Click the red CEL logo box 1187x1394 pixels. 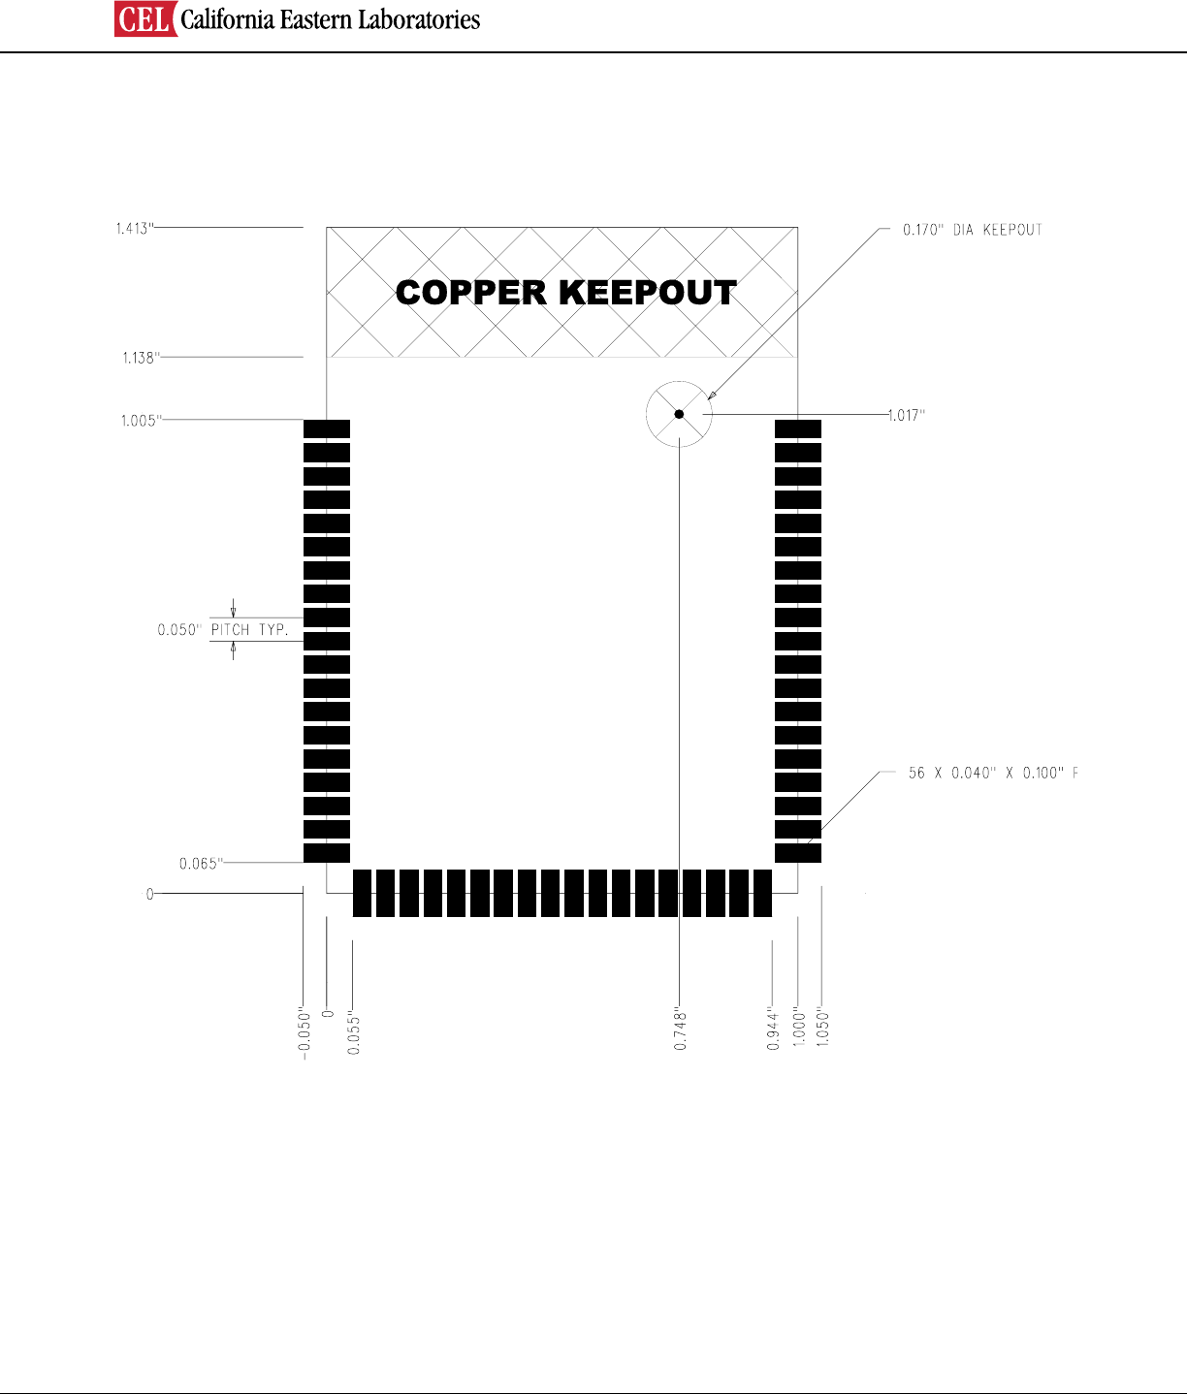click(x=145, y=19)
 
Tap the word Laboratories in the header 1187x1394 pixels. click(x=421, y=19)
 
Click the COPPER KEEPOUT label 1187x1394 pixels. click(x=566, y=293)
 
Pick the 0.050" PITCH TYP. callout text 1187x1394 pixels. click(x=223, y=630)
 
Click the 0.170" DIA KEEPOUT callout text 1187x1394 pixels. click(x=972, y=230)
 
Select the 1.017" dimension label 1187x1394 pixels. click(x=907, y=415)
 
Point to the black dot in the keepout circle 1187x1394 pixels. click(x=679, y=414)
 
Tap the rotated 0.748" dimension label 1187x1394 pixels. click(x=681, y=1030)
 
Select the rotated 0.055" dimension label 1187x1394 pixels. click(x=353, y=1033)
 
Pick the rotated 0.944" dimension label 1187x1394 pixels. click(x=773, y=1030)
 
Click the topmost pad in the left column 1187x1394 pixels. click(x=327, y=428)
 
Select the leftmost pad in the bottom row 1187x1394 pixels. click(x=362, y=893)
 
